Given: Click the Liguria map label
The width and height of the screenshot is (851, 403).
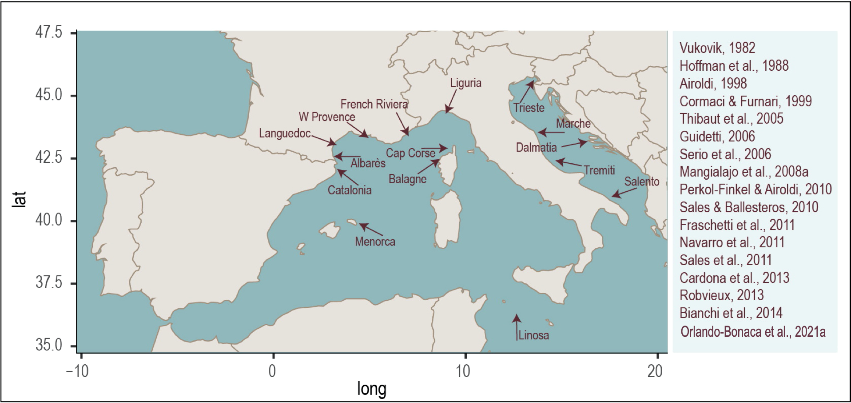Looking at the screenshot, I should coord(465,83).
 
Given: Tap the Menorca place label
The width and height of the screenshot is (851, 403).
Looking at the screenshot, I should coord(375,242).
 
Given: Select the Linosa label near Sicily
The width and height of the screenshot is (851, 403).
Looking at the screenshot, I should coord(533,335).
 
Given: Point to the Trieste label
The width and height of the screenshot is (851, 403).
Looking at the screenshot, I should coord(529,108).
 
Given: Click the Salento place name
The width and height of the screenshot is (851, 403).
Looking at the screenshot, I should coord(642,181).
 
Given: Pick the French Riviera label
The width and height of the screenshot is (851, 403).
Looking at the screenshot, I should coord(374,104).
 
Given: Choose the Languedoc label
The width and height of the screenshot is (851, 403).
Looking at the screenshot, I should coord(285,133).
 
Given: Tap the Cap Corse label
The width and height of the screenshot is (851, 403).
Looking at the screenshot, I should coord(410,153).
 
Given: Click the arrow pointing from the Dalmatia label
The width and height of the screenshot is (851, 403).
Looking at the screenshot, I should coord(574,144).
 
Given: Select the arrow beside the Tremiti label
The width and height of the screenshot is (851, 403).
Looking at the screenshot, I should coord(569,163).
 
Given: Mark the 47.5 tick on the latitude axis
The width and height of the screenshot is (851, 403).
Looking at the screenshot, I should coord(49,32).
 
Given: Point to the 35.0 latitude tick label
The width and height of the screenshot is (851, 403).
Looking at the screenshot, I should coord(49,345).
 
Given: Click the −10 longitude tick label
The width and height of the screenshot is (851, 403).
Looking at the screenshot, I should coord(77,371).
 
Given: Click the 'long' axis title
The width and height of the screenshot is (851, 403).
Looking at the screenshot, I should coord(372,389).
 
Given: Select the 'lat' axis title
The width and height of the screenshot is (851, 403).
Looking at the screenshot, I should coord(20,199).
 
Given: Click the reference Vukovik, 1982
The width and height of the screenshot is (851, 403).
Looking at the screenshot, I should coord(717,48).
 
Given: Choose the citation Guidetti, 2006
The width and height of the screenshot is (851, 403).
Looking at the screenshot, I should coord(717,137).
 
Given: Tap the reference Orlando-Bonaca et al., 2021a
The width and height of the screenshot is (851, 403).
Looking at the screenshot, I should coord(753,332).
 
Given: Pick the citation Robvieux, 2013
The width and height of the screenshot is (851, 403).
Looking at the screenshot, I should coord(722,295).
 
